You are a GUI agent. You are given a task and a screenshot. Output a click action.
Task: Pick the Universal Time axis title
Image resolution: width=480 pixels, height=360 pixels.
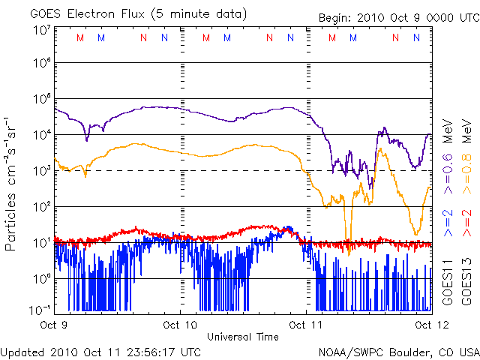coord(242,337)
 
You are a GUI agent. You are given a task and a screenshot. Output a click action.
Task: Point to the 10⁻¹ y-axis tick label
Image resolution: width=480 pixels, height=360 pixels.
coord(40,310)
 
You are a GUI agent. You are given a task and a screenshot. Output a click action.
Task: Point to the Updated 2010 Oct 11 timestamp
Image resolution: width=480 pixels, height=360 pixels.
coord(100,351)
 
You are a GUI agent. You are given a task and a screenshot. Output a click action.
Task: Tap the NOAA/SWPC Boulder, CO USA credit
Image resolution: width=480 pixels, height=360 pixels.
coord(397,351)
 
